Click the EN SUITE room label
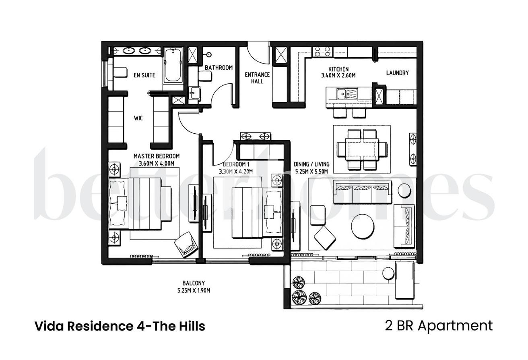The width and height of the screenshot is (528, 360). (x=144, y=75)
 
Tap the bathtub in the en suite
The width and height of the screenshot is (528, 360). (x=173, y=65)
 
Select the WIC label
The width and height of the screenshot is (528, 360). (x=138, y=118)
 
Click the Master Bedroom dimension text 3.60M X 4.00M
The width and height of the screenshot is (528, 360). (x=157, y=163)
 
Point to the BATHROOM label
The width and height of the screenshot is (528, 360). (x=219, y=68)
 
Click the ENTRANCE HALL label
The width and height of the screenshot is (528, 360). (x=257, y=78)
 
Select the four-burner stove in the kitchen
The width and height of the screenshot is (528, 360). (x=322, y=52)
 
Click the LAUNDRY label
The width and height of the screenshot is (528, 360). (x=398, y=73)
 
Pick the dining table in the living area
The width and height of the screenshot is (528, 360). (x=362, y=149)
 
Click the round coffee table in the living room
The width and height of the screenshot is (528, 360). (x=363, y=226)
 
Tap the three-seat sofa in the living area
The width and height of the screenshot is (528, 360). (x=362, y=192)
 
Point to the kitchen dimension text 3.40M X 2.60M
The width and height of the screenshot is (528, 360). (x=338, y=75)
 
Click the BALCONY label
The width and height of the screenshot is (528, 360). (x=194, y=283)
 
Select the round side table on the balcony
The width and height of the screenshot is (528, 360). (x=388, y=273)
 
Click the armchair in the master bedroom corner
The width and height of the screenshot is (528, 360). (x=186, y=244)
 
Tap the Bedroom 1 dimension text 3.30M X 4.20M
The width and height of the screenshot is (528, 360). (x=236, y=172)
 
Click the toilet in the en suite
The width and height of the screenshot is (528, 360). (x=120, y=72)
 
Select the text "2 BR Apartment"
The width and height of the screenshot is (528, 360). (x=439, y=326)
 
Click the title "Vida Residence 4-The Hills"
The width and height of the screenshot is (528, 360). (x=120, y=326)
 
